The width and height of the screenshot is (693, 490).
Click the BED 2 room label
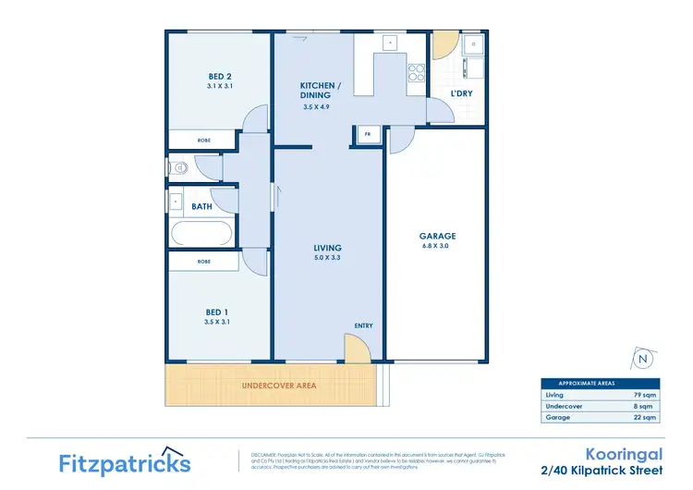pos(219,77)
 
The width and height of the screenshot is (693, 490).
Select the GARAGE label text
pos(438,236)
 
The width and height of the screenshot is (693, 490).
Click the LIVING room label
pos(327,248)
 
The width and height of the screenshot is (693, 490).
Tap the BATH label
pos(201,207)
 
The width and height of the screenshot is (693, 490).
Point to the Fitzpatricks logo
pos(125,461)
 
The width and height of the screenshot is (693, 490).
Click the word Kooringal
pos(621,453)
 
